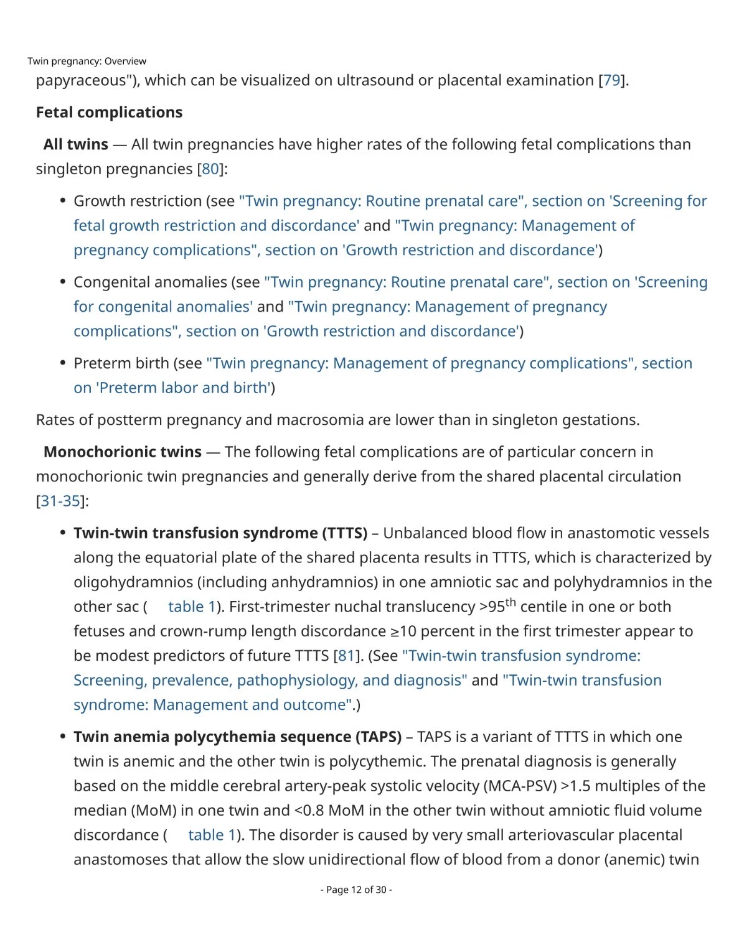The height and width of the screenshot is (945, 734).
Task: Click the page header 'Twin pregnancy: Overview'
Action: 87,61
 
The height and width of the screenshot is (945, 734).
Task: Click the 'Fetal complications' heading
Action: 109,112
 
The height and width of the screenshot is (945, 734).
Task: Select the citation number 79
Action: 612,80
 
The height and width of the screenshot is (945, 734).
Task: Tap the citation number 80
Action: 210,169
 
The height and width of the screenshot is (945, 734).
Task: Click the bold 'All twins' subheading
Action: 75,144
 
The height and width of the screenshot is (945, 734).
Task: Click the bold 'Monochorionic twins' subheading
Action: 123,452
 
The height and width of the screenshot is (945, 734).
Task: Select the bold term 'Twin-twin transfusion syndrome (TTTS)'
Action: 220,533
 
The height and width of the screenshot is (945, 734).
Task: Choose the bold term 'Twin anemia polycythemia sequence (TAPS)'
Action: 237,737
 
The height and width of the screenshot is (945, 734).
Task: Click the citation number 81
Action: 346,656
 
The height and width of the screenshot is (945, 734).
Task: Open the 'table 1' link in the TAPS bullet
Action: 212,835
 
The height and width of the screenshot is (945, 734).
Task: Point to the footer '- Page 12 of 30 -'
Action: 356,890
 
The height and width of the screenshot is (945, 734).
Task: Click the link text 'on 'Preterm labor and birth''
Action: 171,388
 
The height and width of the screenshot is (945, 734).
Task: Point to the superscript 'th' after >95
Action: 511,602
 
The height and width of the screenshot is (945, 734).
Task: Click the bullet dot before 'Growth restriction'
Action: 63,201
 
